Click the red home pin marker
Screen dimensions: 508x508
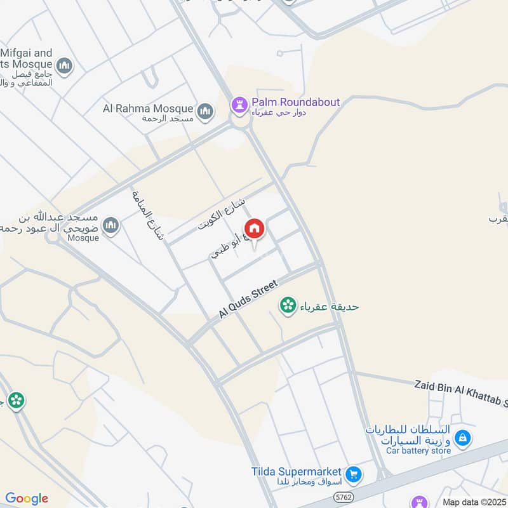(254, 229)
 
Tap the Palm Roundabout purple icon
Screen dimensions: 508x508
(239, 104)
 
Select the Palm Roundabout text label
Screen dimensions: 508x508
(295, 102)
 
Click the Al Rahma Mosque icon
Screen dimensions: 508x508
(204, 112)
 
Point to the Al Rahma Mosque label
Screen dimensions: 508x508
(149, 109)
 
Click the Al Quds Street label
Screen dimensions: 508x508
(248, 300)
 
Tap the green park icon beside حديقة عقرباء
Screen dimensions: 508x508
(288, 306)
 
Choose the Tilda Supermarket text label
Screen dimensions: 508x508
(296, 472)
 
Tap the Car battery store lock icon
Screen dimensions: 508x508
(463, 438)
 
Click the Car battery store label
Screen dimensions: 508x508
(418, 451)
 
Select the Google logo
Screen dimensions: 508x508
(27, 498)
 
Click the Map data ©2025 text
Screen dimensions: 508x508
(473, 502)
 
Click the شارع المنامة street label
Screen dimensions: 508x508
(147, 216)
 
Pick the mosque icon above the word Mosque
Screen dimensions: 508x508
(111, 225)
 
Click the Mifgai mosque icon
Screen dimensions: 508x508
(64, 65)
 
